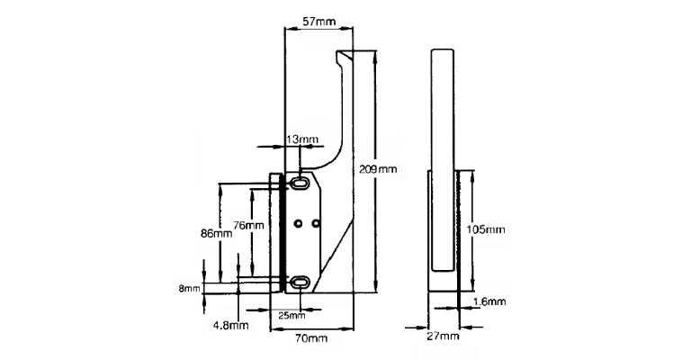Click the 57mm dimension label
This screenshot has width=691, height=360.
tap(319, 21)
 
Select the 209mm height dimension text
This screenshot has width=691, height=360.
tap(378, 169)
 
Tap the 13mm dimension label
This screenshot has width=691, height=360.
tap(302, 140)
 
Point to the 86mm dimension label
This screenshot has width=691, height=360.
tap(216, 233)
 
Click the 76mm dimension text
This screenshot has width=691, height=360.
tap(248, 225)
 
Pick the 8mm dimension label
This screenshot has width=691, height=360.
tap(189, 289)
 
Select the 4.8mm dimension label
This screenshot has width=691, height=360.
tap(230, 326)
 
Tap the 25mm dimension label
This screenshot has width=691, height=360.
tap(292, 316)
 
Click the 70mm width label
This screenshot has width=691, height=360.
tap(311, 338)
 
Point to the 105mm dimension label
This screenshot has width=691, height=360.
tap(486, 229)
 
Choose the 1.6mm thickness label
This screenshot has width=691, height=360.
tap(489, 301)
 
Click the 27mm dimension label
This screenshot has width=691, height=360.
tap(443, 337)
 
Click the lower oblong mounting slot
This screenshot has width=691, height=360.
tap(300, 282)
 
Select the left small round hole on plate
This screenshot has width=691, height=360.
tap(299, 224)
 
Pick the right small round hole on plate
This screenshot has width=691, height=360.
tap(315, 224)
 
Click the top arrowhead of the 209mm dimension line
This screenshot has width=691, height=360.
tap(375, 55)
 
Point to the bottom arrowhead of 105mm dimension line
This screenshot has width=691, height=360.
tap(473, 285)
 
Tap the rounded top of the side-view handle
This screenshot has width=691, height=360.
tap(443, 49)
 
